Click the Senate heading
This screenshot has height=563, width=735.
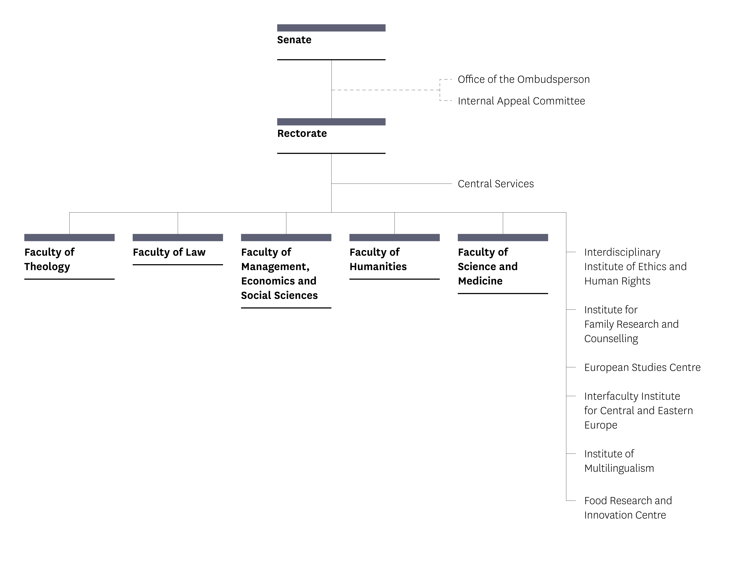coord(294,40)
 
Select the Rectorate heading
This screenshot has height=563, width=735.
coord(302,133)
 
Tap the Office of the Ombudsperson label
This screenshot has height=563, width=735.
coord(523,79)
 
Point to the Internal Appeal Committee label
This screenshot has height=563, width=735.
coord(521,101)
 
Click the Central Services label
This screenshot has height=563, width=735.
coord(496,184)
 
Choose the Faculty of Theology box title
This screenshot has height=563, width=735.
coord(49,259)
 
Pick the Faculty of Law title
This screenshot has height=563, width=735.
coord(169,252)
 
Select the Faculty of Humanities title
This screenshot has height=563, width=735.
coord(378,259)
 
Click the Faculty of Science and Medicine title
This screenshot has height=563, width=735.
coord(487,266)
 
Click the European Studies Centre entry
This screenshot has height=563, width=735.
coord(642,367)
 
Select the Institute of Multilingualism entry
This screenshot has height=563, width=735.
coord(619,461)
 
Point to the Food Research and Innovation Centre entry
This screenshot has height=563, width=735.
coord(628,508)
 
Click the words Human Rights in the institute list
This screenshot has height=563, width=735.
coord(617,281)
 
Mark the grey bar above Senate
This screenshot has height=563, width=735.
coord(331,28)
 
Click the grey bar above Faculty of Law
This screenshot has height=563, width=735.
coord(178,238)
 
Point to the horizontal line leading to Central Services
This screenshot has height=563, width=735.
coord(392,184)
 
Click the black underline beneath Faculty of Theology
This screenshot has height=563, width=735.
coord(69,279)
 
